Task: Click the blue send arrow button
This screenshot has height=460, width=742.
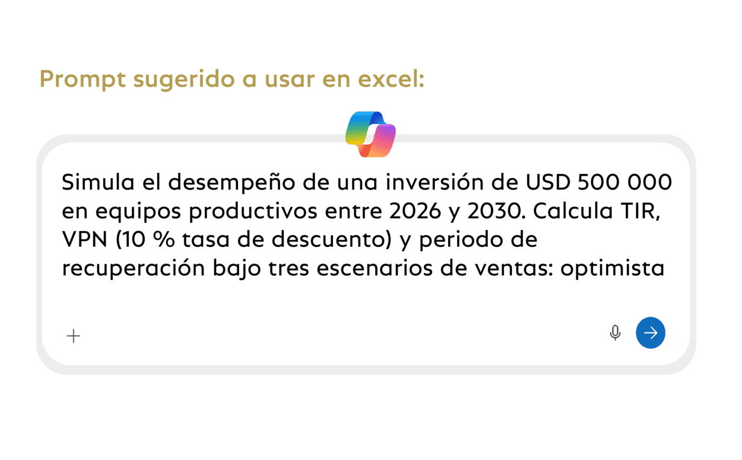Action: (650, 332)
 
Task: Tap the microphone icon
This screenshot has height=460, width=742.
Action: (615, 333)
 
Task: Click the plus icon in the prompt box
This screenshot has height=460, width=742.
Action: (73, 336)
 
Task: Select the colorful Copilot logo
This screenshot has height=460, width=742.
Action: (370, 134)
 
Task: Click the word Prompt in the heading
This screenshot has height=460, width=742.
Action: (83, 79)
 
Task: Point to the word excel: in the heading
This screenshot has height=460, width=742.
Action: (391, 79)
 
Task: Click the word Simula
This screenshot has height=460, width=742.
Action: (98, 182)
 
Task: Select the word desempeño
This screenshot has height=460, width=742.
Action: (231, 183)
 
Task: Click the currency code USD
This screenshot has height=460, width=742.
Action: (548, 182)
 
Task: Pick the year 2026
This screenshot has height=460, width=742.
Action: (415, 211)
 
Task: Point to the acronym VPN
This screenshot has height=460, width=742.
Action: (84, 239)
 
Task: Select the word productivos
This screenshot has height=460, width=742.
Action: (253, 211)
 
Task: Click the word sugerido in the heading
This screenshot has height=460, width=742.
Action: (184, 80)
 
